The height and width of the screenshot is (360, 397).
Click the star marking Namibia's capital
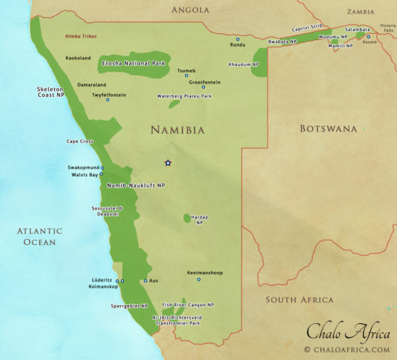coord(168,162)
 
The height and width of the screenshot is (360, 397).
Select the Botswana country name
coord(328,129)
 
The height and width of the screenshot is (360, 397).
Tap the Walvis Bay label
coord(83,174)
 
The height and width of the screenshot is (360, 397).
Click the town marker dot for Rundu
coord(238,38)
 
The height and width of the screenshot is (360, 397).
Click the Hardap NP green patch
coord(187,218)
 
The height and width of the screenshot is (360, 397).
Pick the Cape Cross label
coord(82,141)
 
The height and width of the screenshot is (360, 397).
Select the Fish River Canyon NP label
coord(188,304)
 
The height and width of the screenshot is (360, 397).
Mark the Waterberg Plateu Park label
coord(184,96)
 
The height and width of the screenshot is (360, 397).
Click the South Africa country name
coord(299,300)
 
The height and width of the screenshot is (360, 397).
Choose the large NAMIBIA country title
coord(177,129)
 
